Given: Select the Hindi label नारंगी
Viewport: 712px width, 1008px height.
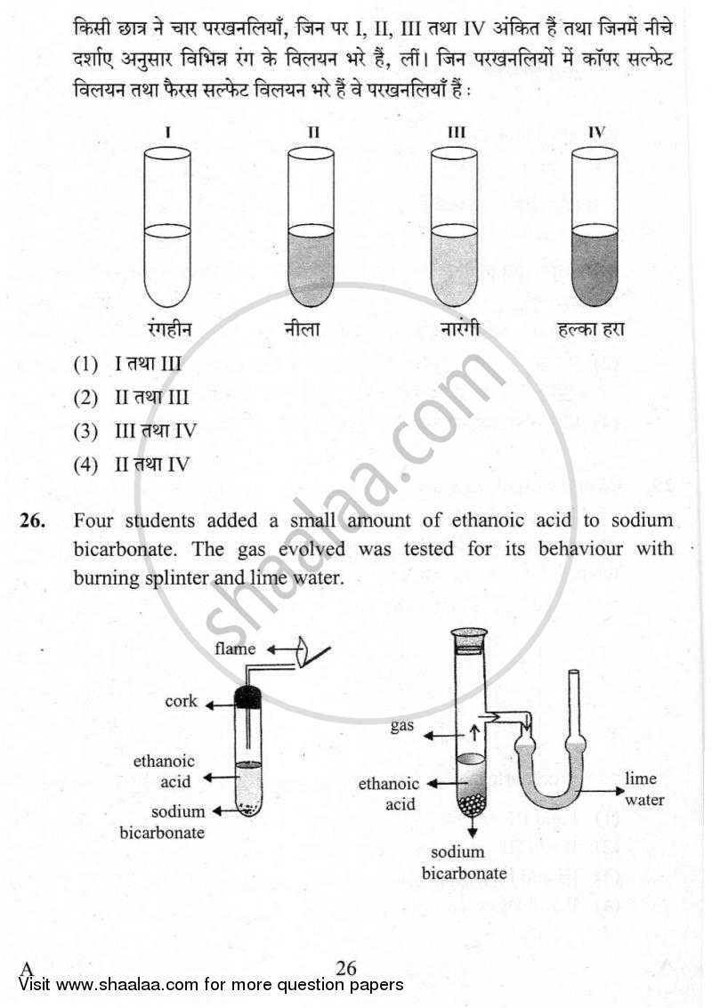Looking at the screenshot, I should tap(459, 329).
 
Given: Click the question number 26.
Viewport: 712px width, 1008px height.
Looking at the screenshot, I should tap(32, 520).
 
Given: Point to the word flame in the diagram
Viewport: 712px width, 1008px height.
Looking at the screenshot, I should tap(236, 649).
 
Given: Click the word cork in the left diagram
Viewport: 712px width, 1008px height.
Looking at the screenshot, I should tap(181, 702).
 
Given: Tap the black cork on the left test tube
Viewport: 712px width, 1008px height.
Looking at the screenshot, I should tap(248, 698).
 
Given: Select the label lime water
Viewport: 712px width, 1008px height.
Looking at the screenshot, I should tap(643, 789).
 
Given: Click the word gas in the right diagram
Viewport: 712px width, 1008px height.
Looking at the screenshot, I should tap(402, 726).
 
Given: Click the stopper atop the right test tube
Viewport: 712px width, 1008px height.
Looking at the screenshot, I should tap(470, 639).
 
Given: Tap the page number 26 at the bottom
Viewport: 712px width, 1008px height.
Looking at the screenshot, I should tap(346, 968).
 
